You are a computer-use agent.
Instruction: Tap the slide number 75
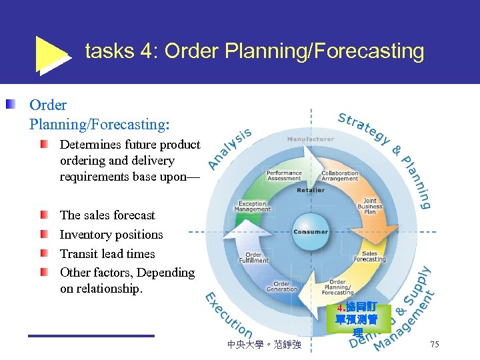(x=434, y=344)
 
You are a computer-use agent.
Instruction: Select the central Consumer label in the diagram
(x=310, y=232)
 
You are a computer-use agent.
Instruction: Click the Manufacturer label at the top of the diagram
(x=310, y=139)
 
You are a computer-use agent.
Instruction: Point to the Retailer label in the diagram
(x=310, y=190)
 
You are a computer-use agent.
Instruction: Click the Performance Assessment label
(x=284, y=175)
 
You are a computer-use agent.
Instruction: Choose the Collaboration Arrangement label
(x=339, y=175)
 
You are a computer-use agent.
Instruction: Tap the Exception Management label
(x=253, y=207)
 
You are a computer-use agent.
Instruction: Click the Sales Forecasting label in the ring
(x=369, y=256)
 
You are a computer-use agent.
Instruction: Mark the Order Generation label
(x=281, y=286)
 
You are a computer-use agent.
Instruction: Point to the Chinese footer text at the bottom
(x=264, y=345)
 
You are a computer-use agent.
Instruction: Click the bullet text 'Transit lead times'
(x=107, y=254)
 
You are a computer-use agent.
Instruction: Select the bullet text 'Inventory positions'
(x=111, y=235)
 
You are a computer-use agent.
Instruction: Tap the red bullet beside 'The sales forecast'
(x=44, y=215)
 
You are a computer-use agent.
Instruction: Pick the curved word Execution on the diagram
(x=227, y=316)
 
